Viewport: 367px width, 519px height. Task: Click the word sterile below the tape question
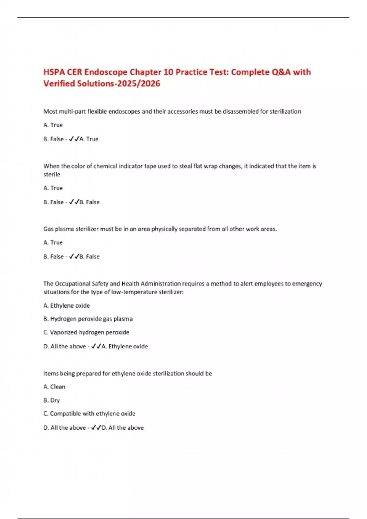(x=52, y=174)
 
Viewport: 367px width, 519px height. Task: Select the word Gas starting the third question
(x=48, y=229)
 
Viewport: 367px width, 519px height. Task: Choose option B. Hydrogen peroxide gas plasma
(x=88, y=319)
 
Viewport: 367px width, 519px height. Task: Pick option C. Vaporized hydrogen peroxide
(x=86, y=332)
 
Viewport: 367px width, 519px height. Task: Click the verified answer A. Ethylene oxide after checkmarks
(x=125, y=347)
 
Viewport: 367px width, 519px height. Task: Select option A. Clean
(x=54, y=387)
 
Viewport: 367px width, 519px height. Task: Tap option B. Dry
(x=52, y=400)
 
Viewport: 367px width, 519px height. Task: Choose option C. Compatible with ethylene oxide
(x=89, y=414)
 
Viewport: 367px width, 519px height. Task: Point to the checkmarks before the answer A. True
(x=74, y=139)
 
